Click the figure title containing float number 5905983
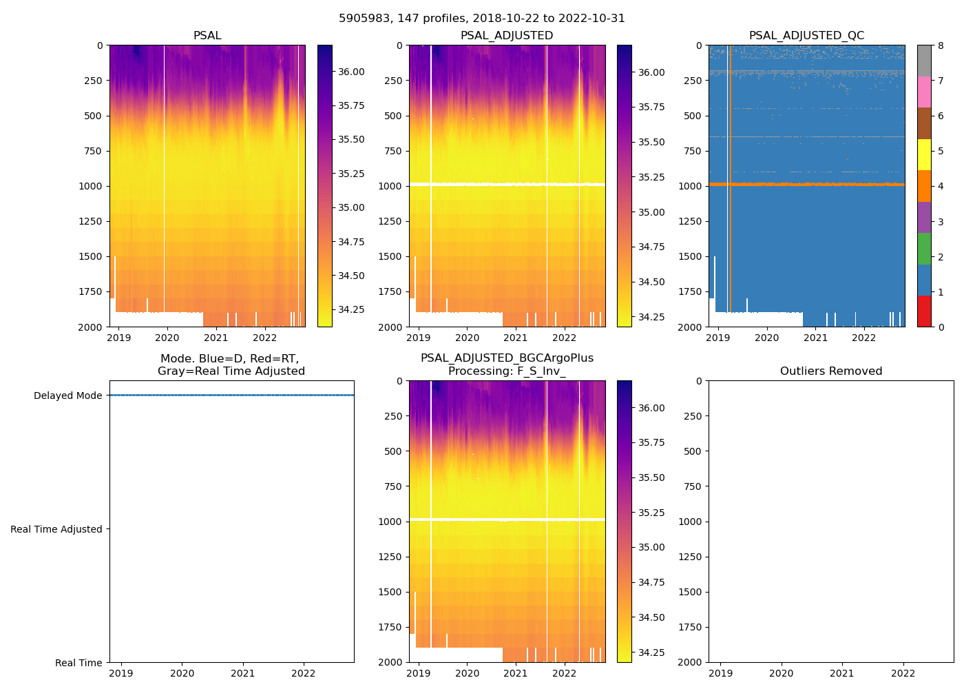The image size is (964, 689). coord(481,19)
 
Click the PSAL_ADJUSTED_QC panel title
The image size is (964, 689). coord(806,36)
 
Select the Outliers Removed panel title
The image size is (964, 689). coord(830,371)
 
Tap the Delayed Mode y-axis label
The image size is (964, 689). coord(67,395)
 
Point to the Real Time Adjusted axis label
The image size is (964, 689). coord(56,529)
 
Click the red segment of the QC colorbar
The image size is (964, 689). coord(924,311)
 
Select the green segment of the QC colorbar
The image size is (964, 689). coord(924,248)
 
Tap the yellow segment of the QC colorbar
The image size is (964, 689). coord(924,154)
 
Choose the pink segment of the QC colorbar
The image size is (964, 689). coord(924,92)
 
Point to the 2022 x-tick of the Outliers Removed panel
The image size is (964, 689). coord(903,673)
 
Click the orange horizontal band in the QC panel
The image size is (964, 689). coord(806,184)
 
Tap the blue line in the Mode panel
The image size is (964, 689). coord(231,395)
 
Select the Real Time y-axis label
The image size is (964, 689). coord(78,663)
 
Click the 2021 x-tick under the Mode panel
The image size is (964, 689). coord(243,673)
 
